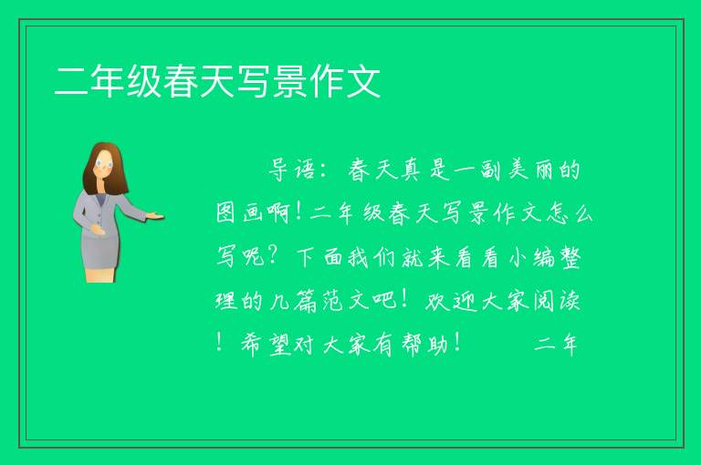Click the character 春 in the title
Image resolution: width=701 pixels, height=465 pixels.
[x=181, y=81]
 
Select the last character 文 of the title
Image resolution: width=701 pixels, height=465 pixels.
[x=363, y=81]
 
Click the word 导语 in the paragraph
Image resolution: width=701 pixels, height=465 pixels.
[x=291, y=170]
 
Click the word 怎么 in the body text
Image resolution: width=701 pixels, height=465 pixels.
[x=570, y=212]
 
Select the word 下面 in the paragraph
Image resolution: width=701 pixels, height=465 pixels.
[x=319, y=257]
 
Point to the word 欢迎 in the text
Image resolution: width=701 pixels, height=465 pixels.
[x=448, y=301]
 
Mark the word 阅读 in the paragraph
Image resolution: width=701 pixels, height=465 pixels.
[x=557, y=301]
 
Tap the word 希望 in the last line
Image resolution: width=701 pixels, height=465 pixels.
[x=266, y=345]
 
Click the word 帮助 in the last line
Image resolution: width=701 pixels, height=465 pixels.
[x=424, y=345]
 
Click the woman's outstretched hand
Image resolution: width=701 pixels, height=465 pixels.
[x=155, y=217]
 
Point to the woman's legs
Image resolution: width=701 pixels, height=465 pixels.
[x=100, y=274]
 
